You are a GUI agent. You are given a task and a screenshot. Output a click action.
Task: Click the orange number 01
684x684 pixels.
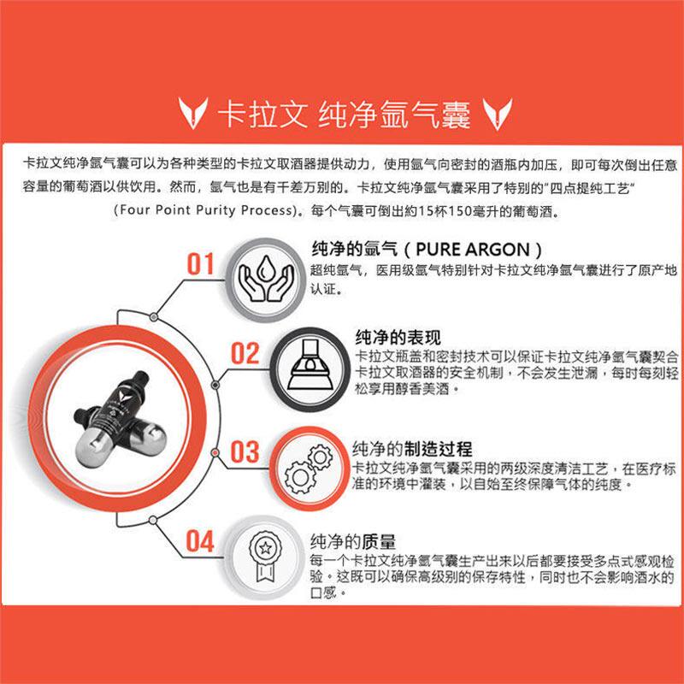(200, 264)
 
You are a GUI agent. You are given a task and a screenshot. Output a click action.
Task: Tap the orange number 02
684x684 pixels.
(245, 353)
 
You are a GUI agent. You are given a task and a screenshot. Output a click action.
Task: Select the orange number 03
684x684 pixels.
(245, 452)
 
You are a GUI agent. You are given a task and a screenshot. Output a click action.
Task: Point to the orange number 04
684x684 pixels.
(200, 541)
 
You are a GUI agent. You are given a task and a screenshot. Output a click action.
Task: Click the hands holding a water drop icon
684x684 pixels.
(266, 280)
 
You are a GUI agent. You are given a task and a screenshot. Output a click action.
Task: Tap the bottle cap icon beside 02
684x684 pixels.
(310, 366)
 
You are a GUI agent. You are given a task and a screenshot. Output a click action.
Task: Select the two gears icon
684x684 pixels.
(309, 469)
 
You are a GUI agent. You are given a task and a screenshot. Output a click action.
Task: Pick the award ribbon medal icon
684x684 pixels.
(265, 557)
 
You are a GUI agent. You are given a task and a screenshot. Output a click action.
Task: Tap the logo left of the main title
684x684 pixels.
(192, 114)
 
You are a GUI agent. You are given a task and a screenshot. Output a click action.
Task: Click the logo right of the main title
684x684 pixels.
(497, 114)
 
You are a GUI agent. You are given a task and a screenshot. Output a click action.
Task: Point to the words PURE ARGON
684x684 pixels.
(473, 250)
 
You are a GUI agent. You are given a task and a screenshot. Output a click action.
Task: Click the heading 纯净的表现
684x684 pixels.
(398, 337)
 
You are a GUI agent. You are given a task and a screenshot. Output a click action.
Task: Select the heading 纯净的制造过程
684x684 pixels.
(413, 448)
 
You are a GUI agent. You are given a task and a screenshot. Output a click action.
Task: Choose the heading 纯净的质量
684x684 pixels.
(353, 541)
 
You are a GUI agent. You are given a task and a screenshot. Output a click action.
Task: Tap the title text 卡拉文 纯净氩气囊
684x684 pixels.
(344, 115)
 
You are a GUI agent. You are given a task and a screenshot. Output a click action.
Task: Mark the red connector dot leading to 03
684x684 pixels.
(215, 453)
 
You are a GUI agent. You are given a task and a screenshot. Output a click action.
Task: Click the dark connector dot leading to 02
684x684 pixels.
(215, 386)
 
